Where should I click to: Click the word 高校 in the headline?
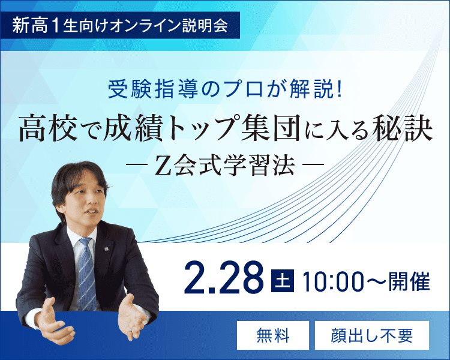click(42, 128)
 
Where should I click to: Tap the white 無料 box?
click(272, 335)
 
